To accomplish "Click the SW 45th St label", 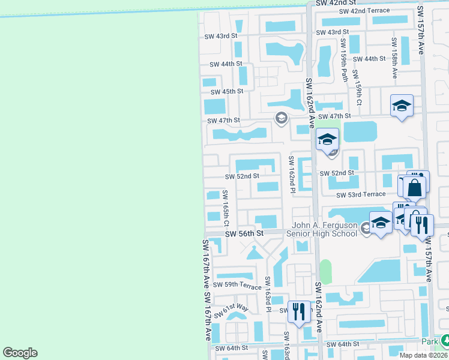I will pos(226,91).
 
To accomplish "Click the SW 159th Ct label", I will pos(358,88).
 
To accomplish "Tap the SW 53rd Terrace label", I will pos(360,195).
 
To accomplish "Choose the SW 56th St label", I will pos(244,233).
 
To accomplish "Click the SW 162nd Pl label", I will pos(291,175).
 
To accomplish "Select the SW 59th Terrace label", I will pos(238,286).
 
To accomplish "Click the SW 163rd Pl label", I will pos(268,295).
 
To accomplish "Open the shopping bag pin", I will pos(415,188).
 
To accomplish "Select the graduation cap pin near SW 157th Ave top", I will pos(402,107).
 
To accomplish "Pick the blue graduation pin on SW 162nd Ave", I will pos(327,140).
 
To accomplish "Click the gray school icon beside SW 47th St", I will pos(280,118).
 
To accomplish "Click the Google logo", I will pos(20,353).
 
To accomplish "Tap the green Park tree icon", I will pos(445,341).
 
